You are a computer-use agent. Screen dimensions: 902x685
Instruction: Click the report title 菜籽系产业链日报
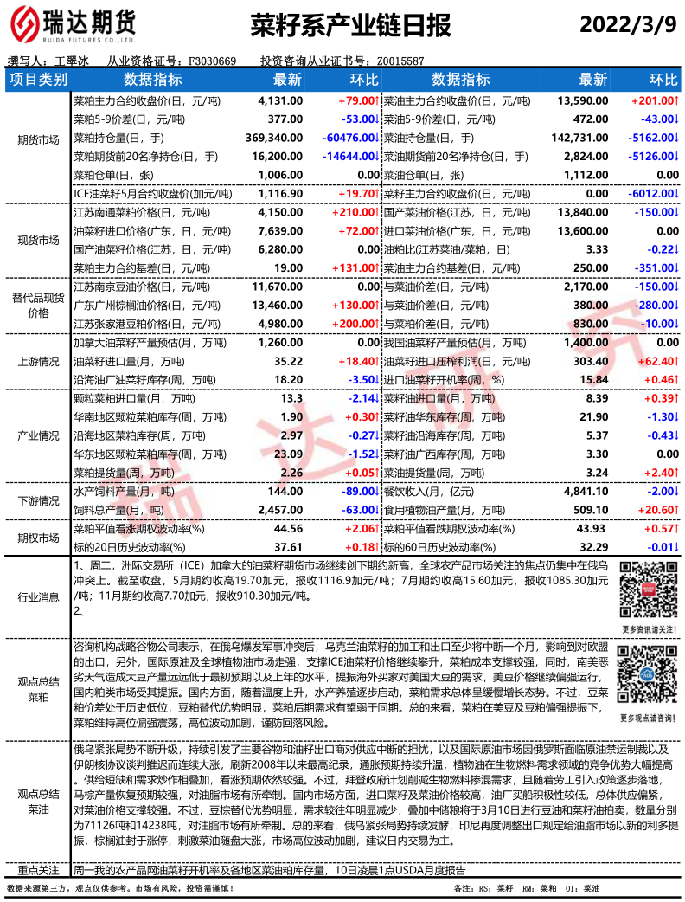(x=351, y=25)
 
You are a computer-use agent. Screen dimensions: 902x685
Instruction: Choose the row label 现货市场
(x=38, y=240)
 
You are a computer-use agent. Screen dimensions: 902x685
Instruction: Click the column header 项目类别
(x=38, y=81)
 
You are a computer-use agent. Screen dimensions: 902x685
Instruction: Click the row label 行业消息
(x=38, y=596)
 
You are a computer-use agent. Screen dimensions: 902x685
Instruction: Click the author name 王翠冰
(x=72, y=61)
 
